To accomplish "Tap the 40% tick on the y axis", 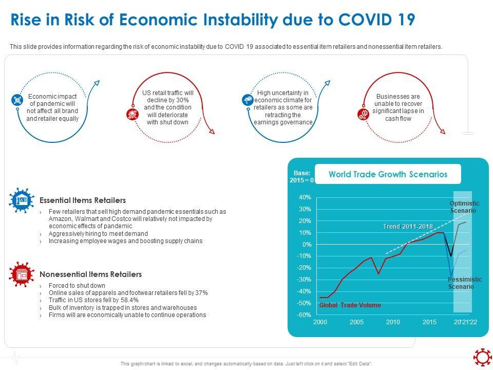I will [x=305, y=197].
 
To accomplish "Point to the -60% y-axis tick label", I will [x=304, y=315].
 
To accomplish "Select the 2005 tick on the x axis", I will [x=357, y=322].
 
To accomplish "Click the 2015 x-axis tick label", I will [x=429, y=322].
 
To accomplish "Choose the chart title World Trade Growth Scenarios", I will [x=388, y=174].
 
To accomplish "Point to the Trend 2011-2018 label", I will [x=408, y=227].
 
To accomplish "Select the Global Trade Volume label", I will [x=350, y=305].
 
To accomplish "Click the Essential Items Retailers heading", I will [x=82, y=200].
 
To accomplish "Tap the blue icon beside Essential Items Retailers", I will [x=21, y=200].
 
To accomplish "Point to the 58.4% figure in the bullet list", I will [x=128, y=300].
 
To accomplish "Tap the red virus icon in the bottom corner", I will [x=482, y=357].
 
